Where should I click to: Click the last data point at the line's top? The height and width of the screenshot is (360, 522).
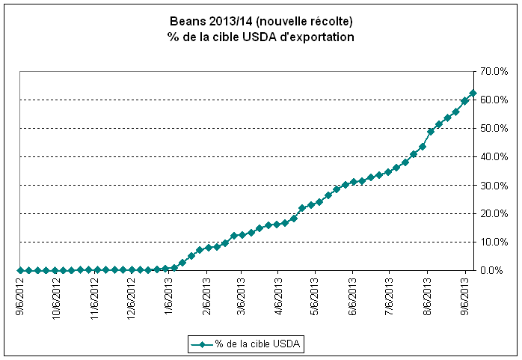coord(473,94)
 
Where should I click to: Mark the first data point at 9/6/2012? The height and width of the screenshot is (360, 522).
coord(20,270)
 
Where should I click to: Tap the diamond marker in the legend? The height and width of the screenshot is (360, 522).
coord(202,344)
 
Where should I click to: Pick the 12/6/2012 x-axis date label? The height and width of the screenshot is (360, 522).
coord(131,296)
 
